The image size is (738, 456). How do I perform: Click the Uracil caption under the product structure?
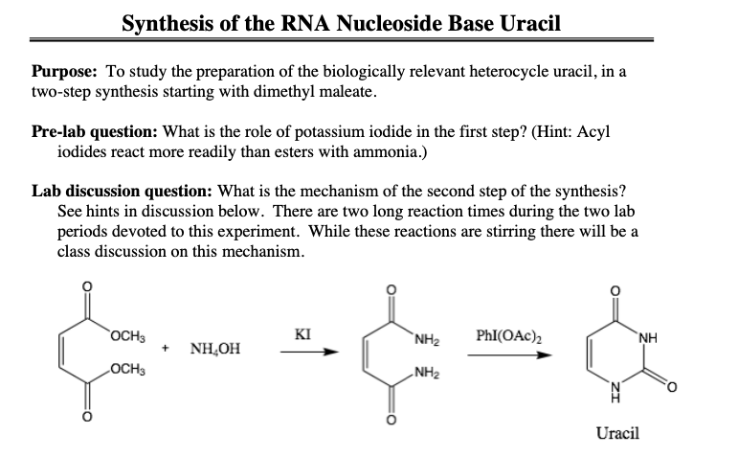[x=617, y=433]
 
